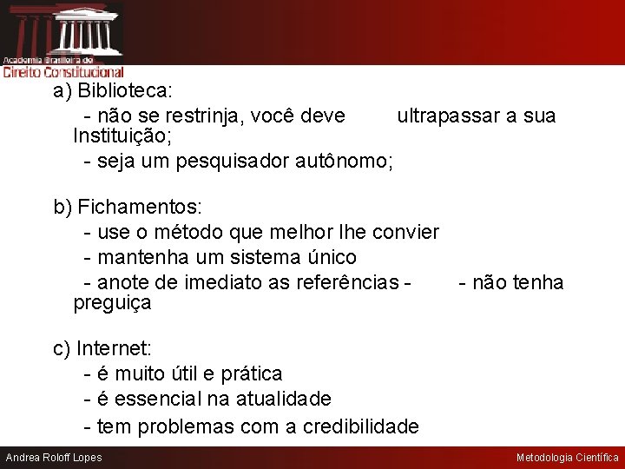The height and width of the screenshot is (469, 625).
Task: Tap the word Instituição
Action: tap(122, 136)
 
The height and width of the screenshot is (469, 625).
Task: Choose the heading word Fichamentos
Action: tap(139, 208)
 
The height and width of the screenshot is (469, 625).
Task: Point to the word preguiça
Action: tap(112, 304)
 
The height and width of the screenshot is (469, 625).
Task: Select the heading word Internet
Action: tap(114, 349)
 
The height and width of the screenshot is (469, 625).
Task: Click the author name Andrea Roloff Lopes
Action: tap(54, 458)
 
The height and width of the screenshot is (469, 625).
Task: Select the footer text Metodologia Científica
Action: tap(567, 458)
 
